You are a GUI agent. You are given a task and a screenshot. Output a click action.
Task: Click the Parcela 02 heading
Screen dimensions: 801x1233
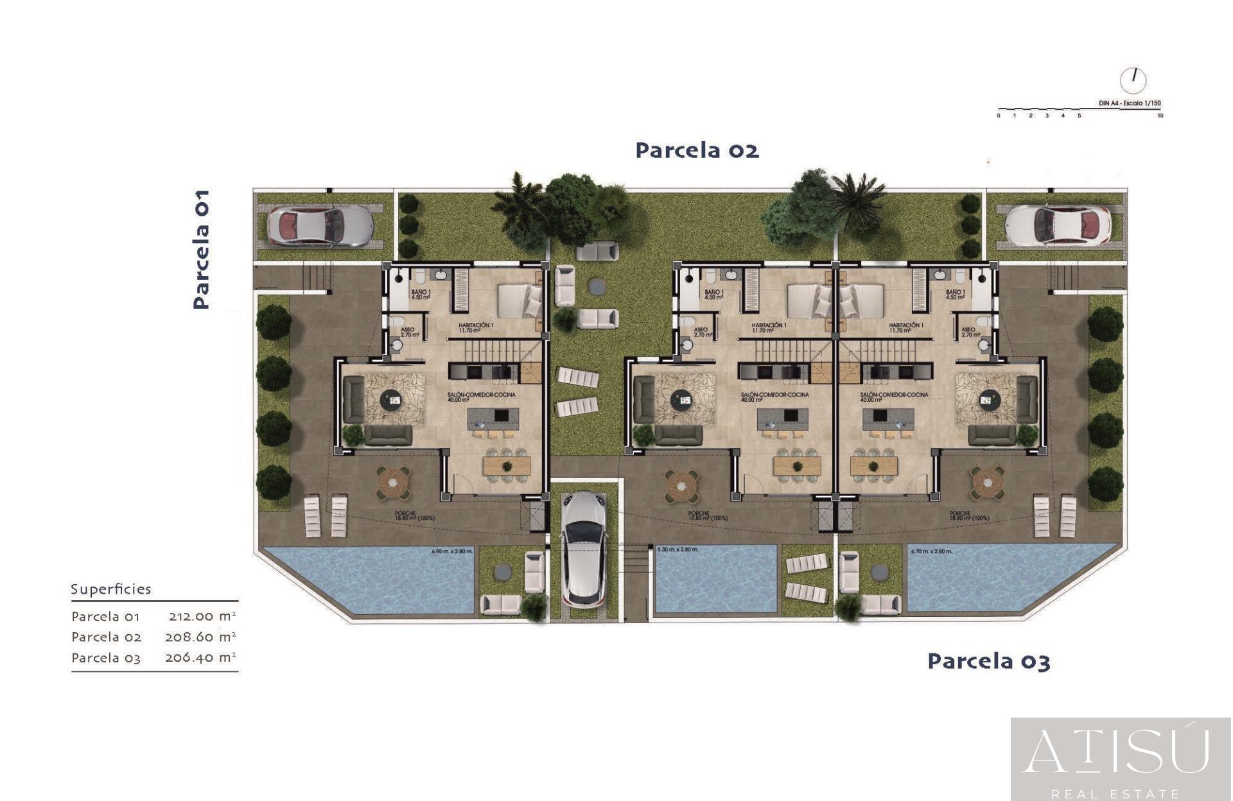(697, 150)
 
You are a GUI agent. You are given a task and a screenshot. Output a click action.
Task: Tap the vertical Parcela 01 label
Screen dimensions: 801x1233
(201, 249)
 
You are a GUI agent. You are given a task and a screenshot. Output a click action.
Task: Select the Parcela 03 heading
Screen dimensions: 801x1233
(988, 661)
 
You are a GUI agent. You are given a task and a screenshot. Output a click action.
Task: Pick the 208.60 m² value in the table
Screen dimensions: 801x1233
(200, 637)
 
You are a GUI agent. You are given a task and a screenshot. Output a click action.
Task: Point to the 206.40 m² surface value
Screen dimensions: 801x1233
(200, 657)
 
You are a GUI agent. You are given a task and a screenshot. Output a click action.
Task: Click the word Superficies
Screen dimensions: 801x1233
(110, 589)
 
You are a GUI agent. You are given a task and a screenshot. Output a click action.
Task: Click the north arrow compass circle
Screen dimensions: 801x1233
(1133, 80)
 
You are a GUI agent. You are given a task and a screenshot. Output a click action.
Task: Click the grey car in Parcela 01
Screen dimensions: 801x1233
(319, 226)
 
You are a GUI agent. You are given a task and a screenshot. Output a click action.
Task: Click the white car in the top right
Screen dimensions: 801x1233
(1058, 226)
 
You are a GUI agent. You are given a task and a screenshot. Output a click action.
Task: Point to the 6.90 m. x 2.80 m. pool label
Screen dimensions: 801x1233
(451, 551)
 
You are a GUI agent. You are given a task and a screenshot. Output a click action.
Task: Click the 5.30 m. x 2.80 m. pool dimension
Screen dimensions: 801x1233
(678, 549)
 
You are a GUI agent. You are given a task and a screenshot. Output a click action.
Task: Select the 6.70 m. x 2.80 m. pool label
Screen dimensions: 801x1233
(931, 551)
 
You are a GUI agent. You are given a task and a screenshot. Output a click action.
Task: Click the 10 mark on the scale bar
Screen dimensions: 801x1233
(1160, 116)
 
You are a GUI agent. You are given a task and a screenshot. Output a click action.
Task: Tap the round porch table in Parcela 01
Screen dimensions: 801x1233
(393, 483)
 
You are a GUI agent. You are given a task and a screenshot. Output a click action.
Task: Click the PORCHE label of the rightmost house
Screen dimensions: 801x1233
(959, 513)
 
